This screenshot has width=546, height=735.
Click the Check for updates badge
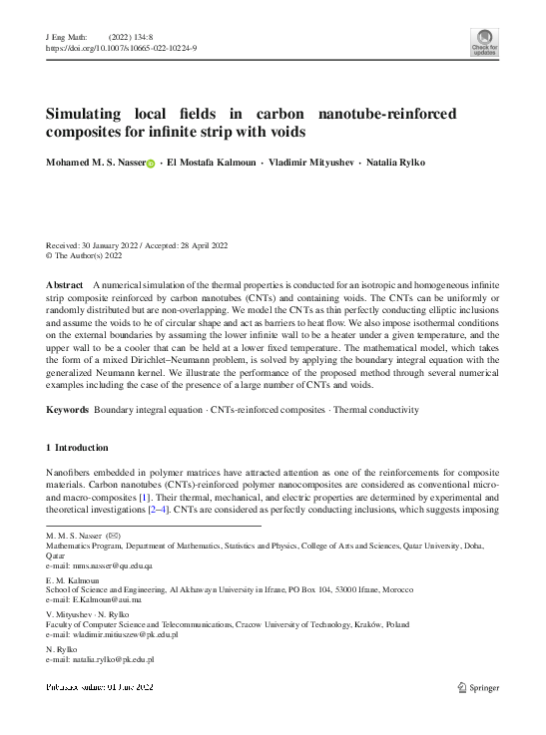483,42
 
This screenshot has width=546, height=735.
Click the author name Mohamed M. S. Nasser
95,162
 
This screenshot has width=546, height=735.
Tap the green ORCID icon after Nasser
151,163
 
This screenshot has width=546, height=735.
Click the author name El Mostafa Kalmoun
212,162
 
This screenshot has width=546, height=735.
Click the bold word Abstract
65,285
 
